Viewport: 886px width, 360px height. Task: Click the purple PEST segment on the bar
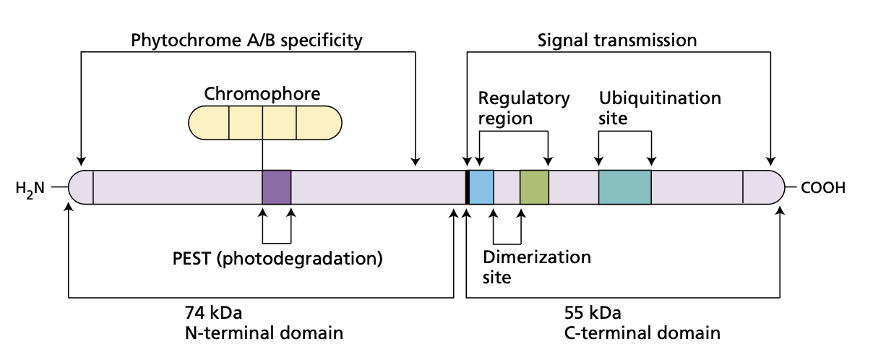click(x=276, y=187)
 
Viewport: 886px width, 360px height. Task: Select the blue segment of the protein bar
click(x=482, y=187)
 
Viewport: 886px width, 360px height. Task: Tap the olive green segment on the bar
click(x=534, y=187)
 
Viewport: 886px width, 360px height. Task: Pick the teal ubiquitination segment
click(x=624, y=187)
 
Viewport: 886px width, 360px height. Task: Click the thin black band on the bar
click(x=468, y=187)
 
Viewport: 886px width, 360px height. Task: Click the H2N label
click(x=30, y=189)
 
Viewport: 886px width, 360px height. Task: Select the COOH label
click(x=822, y=189)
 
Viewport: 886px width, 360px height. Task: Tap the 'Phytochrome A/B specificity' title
click(x=246, y=40)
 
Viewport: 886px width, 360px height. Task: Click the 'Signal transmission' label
click(x=617, y=40)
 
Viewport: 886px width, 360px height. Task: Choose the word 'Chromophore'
click(x=262, y=94)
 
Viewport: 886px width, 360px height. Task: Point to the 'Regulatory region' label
click(x=524, y=108)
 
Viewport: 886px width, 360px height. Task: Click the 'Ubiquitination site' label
click(x=660, y=108)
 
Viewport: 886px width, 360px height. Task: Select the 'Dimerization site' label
click(x=536, y=267)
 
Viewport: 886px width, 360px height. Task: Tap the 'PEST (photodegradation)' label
click(x=277, y=257)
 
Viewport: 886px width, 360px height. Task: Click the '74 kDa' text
click(x=213, y=313)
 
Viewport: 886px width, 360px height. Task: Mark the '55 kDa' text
click(x=592, y=313)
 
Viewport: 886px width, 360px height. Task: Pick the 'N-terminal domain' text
click(x=264, y=333)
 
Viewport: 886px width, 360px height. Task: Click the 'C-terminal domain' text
click(x=642, y=333)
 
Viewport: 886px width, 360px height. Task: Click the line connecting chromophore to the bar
click(x=262, y=155)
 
